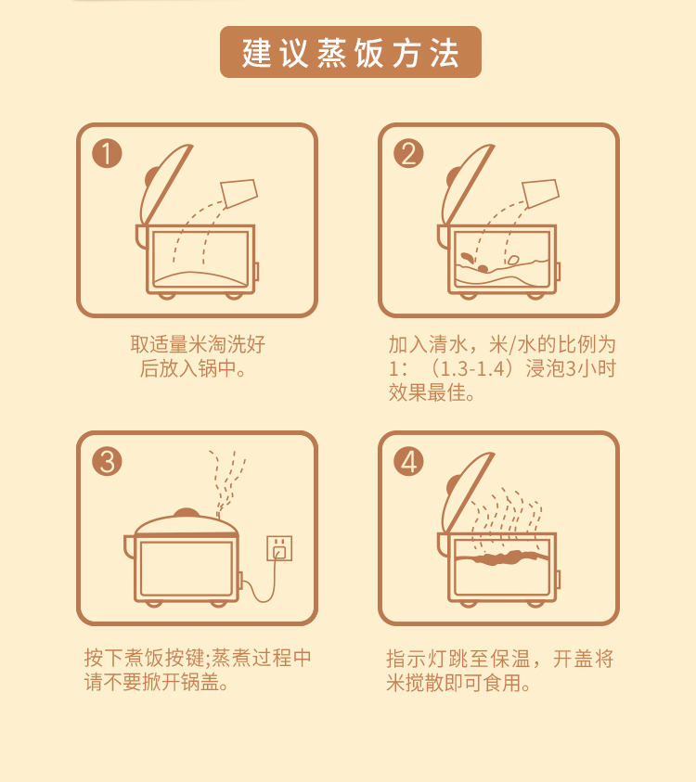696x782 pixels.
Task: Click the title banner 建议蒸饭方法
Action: (350, 52)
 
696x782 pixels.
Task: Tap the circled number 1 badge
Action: (107, 153)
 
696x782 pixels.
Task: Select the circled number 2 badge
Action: (408, 153)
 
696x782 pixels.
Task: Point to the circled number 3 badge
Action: (107, 461)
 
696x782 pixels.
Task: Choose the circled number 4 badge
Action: (408, 461)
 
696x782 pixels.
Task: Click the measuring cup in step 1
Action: (239, 193)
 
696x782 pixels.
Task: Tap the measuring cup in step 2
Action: (541, 193)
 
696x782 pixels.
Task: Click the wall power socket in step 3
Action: (279, 548)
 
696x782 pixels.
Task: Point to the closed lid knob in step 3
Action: (187, 513)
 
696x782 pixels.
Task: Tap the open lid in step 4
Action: (467, 494)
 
